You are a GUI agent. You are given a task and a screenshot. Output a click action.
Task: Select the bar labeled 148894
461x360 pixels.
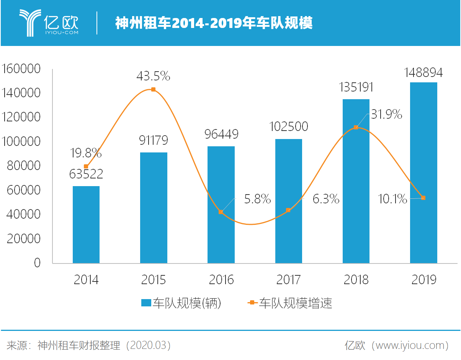pyautogui.click(x=423, y=172)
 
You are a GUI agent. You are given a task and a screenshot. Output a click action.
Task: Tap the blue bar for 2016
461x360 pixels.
pyautogui.click(x=221, y=205)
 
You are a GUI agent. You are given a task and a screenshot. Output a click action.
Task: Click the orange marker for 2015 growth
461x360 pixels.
pyautogui.click(x=154, y=90)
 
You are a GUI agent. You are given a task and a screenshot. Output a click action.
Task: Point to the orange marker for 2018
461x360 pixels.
pyautogui.click(x=356, y=127)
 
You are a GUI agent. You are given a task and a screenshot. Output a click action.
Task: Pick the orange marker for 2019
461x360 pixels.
pyautogui.click(x=423, y=198)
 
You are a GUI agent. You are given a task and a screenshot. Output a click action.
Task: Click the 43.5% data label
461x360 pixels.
pyautogui.click(x=153, y=76)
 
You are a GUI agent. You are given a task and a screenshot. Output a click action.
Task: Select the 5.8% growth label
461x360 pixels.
pyautogui.click(x=257, y=199)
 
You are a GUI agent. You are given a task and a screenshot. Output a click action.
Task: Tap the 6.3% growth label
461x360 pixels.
pyautogui.click(x=326, y=199)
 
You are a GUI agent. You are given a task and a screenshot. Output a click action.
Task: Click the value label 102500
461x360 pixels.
pyautogui.click(x=288, y=126)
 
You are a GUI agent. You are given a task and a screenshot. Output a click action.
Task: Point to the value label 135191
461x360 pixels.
pyautogui.click(x=356, y=87)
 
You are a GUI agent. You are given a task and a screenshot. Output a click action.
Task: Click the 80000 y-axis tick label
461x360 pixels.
pyautogui.click(x=24, y=166)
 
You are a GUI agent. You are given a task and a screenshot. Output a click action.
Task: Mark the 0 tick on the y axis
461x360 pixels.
pyautogui.click(x=37, y=263)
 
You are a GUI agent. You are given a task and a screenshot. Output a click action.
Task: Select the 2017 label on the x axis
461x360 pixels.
pyautogui.click(x=288, y=280)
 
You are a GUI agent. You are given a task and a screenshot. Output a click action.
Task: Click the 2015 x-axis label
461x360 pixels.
pyautogui.click(x=154, y=280)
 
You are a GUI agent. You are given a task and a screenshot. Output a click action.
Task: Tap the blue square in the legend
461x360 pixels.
pyautogui.click(x=146, y=303)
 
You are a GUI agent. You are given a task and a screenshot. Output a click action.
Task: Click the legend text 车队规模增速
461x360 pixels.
pyautogui.click(x=295, y=303)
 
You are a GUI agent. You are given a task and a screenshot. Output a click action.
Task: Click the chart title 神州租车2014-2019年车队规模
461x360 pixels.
pyautogui.click(x=214, y=23)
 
